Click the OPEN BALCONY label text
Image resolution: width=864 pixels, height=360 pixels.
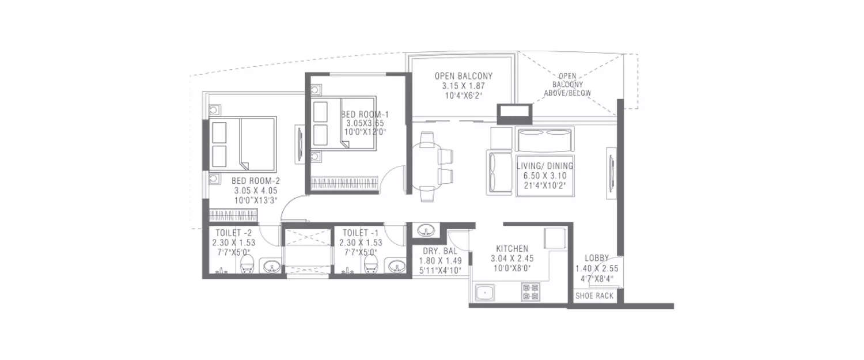[464, 76]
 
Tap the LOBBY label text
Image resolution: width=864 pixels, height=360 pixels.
[594, 258]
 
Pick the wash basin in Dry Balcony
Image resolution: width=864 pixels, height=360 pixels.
[426, 230]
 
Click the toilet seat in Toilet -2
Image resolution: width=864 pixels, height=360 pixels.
[247, 264]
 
